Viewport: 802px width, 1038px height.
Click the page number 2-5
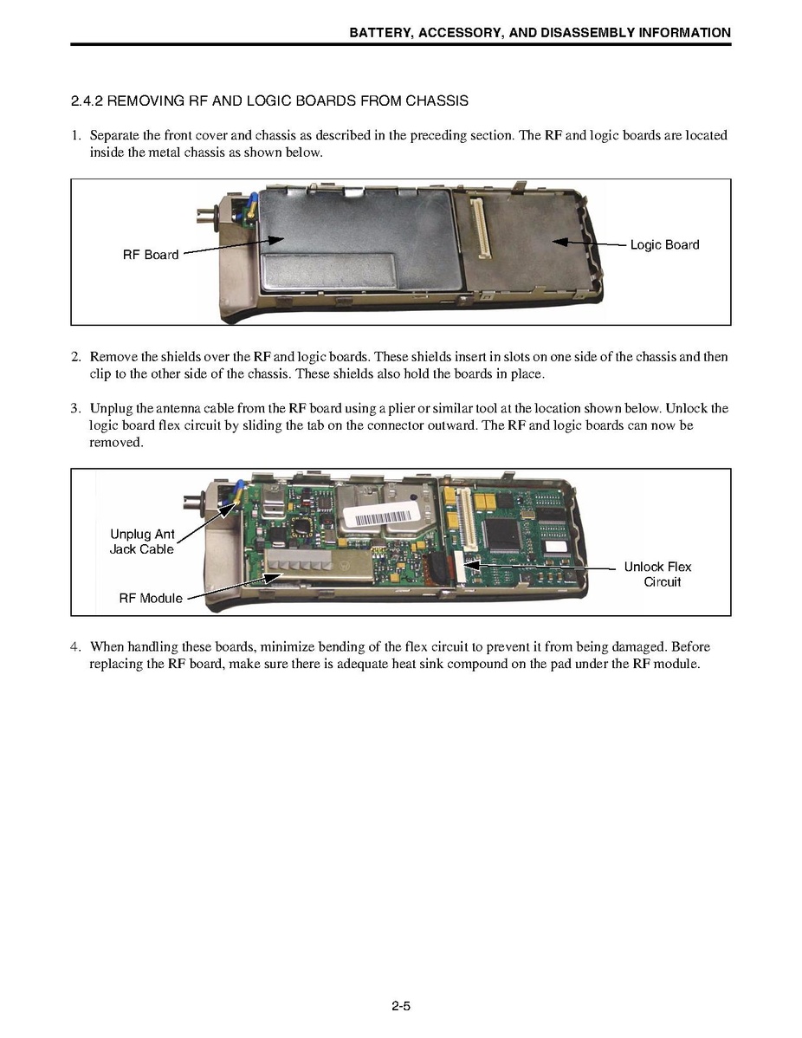pyautogui.click(x=400, y=1007)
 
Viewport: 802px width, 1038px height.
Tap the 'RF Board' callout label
pyautogui.click(x=151, y=255)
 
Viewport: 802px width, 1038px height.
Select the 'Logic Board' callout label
pyautogui.click(x=664, y=245)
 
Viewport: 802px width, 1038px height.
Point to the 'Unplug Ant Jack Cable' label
pyautogui.click(x=142, y=542)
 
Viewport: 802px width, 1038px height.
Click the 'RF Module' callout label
pyautogui.click(x=151, y=599)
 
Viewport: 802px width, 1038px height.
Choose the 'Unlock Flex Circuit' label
pyautogui.click(x=658, y=574)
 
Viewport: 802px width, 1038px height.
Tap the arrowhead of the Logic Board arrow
pyautogui.click(x=558, y=242)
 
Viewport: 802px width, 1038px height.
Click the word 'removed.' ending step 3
pyautogui.click(x=116, y=443)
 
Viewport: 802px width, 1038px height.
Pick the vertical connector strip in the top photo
pyautogui.click(x=478, y=229)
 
